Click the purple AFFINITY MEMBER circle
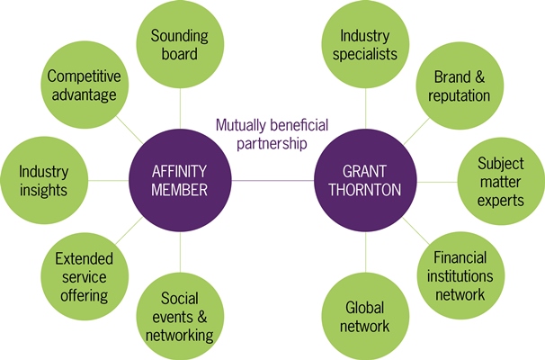179,180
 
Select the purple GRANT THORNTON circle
365,180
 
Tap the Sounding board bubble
179,45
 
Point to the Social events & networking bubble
180,316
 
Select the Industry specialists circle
366,45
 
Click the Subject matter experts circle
500,180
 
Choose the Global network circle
366,316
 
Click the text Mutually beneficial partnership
272,133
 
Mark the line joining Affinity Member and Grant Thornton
272,180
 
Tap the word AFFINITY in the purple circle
179,171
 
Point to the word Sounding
179,36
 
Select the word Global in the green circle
366,307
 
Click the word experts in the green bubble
500,200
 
